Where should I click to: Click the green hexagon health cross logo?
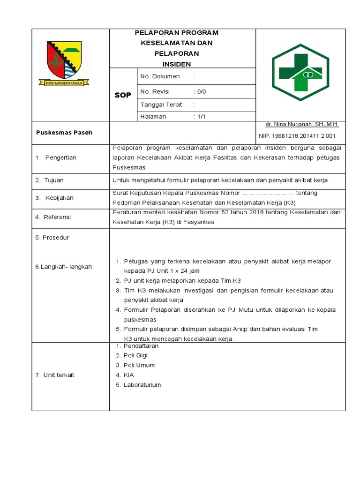(x=300, y=73)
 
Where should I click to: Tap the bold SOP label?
(x=123, y=96)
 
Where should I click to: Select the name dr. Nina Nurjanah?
(x=302, y=124)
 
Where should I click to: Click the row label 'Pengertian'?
(x=60, y=157)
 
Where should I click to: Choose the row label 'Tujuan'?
(x=53, y=180)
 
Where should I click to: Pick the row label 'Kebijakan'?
(x=59, y=198)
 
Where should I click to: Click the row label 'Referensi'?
(x=57, y=217)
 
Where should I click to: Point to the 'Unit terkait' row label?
(x=59, y=375)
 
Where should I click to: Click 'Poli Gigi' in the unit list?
(x=135, y=355)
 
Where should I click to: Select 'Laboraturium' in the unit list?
(x=142, y=385)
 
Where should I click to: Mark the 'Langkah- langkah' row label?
(x=64, y=267)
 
